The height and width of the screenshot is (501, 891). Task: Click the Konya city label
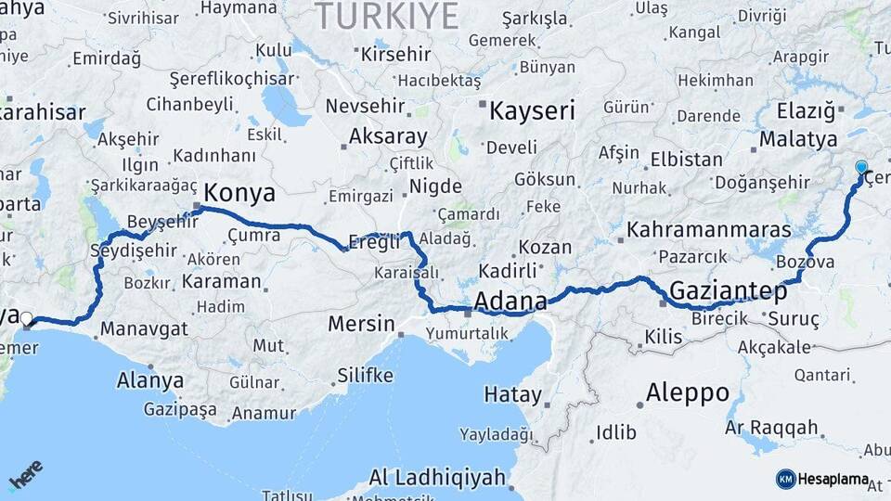coord(239,193)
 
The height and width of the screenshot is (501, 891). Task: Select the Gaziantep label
coord(728,291)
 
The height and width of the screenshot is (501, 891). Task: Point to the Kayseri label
coord(532,111)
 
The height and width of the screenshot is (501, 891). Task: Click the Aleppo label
coord(688,392)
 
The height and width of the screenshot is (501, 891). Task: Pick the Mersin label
coord(361,325)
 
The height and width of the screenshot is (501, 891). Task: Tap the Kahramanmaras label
coord(709,229)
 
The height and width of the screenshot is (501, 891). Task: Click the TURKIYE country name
coord(388,16)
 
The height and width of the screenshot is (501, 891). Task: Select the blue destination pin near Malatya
coord(861,169)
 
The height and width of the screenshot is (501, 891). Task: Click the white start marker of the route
coord(27,319)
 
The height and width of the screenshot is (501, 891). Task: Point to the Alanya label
coord(150,380)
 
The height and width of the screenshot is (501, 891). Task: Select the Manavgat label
coord(144,328)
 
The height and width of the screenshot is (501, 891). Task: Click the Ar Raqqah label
coord(772,428)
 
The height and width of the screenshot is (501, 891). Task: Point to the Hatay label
coord(512,395)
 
